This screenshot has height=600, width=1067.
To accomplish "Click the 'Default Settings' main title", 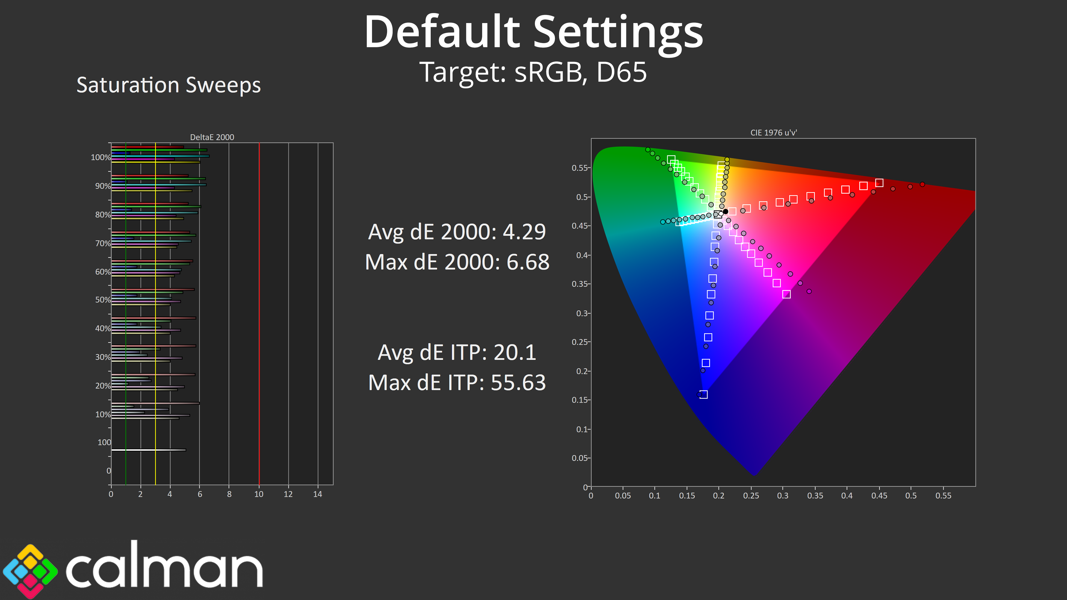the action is (x=533, y=32).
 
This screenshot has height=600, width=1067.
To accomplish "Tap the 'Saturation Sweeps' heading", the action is (x=169, y=85).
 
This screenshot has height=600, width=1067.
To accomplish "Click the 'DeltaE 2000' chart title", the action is (x=212, y=137).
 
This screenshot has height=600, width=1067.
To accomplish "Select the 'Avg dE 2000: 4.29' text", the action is (x=457, y=231).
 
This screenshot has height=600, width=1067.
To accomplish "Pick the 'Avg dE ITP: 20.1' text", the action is (x=457, y=352).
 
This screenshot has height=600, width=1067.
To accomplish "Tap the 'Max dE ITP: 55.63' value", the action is (x=457, y=382).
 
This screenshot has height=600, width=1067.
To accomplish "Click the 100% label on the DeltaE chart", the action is (x=101, y=157).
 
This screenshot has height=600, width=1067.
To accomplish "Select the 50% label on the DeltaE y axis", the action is (x=103, y=300).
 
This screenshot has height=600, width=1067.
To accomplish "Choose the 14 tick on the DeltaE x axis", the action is (x=318, y=494).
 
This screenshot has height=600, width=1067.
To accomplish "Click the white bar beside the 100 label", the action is (x=149, y=450).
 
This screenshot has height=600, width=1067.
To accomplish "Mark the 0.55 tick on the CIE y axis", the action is (x=579, y=168).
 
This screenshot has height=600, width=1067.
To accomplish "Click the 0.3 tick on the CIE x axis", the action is (x=782, y=496).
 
